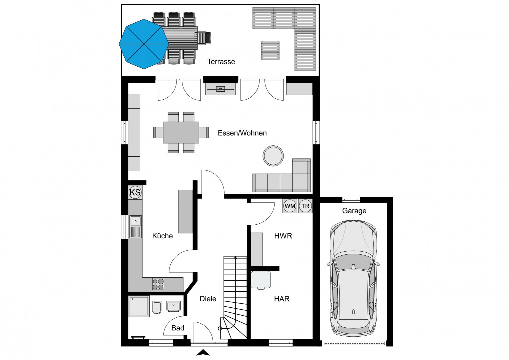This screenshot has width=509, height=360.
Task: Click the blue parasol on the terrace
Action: click(x=144, y=44)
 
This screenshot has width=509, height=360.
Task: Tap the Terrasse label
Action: click(x=221, y=62)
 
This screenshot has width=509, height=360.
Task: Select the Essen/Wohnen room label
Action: click(x=242, y=133)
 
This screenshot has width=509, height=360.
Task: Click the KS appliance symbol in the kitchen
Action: click(x=135, y=192)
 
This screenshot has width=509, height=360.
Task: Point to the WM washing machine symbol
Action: click(x=290, y=206)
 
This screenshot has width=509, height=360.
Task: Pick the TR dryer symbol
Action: click(x=305, y=206)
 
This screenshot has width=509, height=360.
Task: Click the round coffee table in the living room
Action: click(x=273, y=156)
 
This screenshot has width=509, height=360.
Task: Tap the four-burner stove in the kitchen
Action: click(x=158, y=284)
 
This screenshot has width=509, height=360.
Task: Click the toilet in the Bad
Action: click(x=156, y=308)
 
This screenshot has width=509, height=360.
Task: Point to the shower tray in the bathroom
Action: click(x=139, y=306)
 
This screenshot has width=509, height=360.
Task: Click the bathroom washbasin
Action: click(x=173, y=306)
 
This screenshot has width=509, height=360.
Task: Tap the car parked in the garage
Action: click(x=353, y=278)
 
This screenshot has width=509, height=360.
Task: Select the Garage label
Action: click(x=354, y=211)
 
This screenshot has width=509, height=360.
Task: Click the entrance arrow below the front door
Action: click(x=203, y=353)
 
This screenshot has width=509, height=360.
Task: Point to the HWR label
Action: click(x=283, y=236)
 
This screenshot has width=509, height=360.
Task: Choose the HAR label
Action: click(x=282, y=299)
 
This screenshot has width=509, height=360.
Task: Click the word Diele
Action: click(x=208, y=299)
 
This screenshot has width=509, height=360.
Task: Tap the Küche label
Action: click(x=162, y=236)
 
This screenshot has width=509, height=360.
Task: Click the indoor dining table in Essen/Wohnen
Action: click(x=181, y=133)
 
